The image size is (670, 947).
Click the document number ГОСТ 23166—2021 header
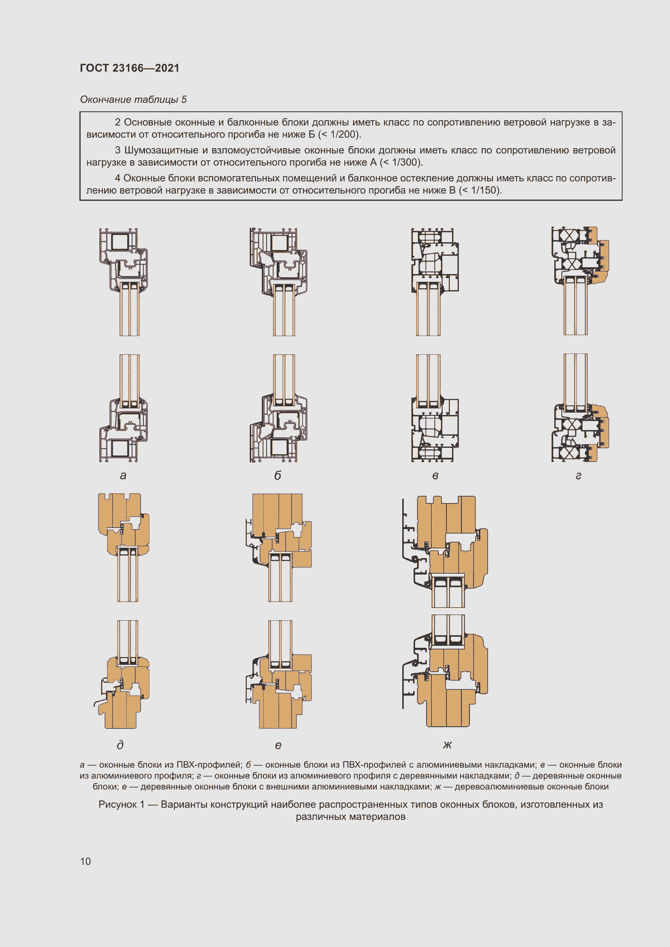click(130, 68)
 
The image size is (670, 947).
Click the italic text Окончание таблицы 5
click(133, 100)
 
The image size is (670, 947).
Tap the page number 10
click(85, 861)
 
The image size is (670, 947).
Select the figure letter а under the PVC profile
click(123, 476)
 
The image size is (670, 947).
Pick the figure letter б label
click(277, 476)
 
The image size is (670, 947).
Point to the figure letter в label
click(435, 476)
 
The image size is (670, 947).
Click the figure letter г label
click(578, 476)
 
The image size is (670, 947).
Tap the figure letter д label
click(120, 745)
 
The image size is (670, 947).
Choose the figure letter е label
click(278, 745)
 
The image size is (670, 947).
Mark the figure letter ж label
click(447, 745)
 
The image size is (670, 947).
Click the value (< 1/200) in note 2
click(339, 134)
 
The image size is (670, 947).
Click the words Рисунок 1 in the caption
click(121, 804)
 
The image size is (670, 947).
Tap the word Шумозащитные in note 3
click(161, 150)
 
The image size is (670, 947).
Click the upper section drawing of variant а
click(124, 281)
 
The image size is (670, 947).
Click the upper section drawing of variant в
click(435, 281)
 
